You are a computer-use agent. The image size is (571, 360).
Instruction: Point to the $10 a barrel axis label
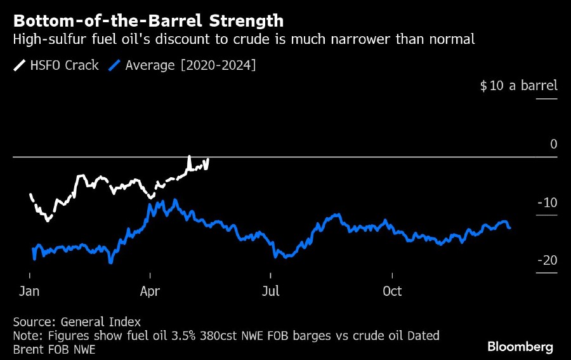click(x=518, y=86)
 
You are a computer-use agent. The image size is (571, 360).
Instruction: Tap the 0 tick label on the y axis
click(x=553, y=144)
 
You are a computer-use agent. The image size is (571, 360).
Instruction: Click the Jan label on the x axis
click(x=30, y=291)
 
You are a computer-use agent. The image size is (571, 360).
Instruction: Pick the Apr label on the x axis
click(x=150, y=291)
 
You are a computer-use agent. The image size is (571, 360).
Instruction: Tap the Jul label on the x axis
click(x=270, y=291)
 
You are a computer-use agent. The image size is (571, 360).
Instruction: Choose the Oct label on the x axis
click(x=392, y=291)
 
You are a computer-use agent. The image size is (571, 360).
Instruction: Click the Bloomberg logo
click(x=520, y=347)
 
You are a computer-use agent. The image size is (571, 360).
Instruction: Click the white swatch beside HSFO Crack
click(x=19, y=65)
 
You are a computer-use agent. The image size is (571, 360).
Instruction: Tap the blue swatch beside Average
click(x=115, y=65)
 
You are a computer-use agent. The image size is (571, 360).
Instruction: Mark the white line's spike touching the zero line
click(x=189, y=157)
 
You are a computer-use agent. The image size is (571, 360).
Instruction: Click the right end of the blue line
click(x=510, y=227)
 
